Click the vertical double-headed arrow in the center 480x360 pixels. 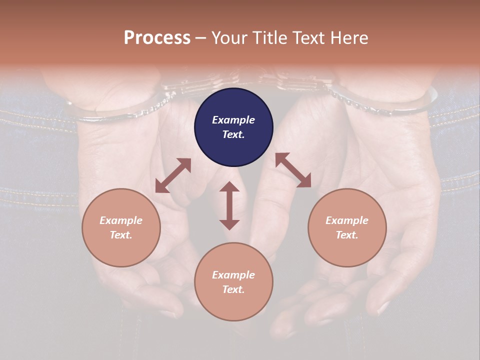(229, 205)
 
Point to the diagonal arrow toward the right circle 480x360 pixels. (293, 170)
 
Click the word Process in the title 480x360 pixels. (157, 37)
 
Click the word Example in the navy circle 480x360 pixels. (233, 120)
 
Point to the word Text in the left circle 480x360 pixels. (121, 235)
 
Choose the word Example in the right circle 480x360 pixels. (347, 220)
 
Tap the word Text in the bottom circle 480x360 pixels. (233, 289)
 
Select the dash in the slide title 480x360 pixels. (201, 38)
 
